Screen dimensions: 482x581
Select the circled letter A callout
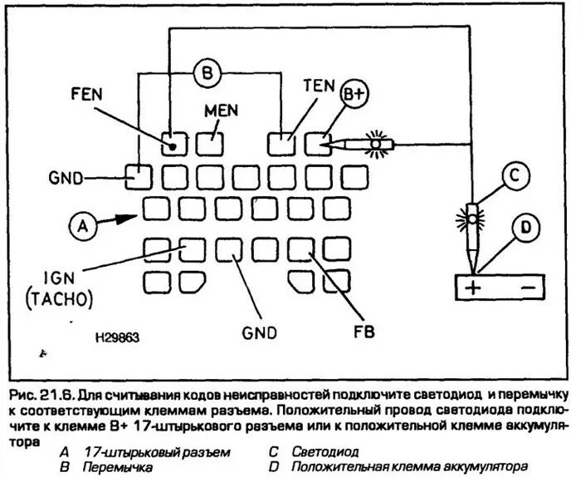(81, 224)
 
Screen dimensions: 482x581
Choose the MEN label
(220, 111)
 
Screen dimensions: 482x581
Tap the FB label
(363, 332)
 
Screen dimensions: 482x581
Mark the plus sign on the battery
(472, 288)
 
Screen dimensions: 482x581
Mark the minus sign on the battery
(527, 288)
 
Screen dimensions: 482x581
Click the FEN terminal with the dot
(173, 145)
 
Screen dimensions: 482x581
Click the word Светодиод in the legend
(325, 452)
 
